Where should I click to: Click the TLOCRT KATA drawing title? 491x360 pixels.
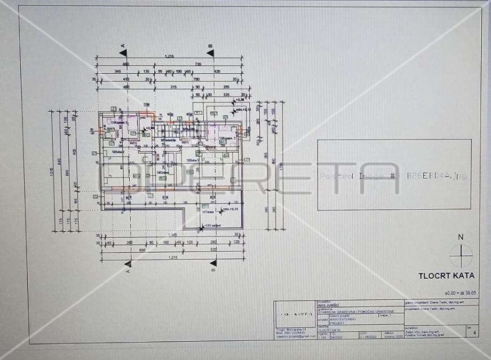pyautogui.click(x=446, y=276)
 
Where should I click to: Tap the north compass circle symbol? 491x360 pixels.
pyautogui.click(x=461, y=256)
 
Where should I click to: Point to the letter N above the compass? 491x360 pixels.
pyautogui.click(x=461, y=237)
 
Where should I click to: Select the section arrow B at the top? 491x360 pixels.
pyautogui.click(x=210, y=52)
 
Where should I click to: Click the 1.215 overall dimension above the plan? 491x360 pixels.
pyautogui.click(x=170, y=56)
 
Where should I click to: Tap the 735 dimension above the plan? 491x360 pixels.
pyautogui.click(x=198, y=64)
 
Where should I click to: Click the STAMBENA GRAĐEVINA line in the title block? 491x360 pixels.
pyautogui.click(x=355, y=311)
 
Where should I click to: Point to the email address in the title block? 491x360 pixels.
pyautogui.click(x=293, y=336)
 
